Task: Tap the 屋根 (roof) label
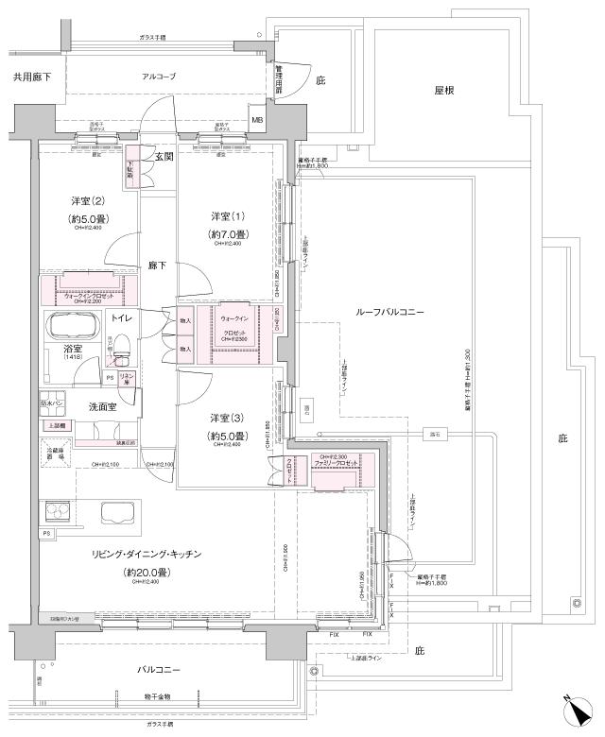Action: pos(446,91)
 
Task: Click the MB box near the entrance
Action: pos(257,120)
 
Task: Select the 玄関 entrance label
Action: pos(164,157)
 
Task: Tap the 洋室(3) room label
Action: pos(227,418)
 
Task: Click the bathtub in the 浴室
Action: pos(72,330)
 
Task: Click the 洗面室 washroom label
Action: pos(102,406)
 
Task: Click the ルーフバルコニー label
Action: pos(389,311)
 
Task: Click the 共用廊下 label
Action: pos(32,75)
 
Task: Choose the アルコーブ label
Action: pos(159,76)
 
